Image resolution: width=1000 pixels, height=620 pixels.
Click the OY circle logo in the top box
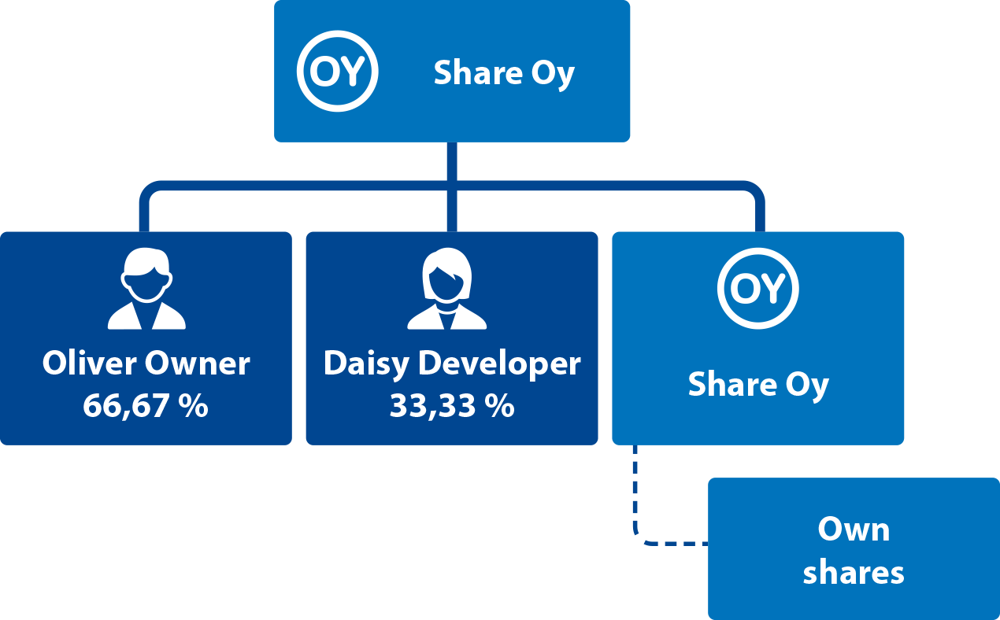(337, 72)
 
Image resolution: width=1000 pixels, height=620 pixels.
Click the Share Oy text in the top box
(504, 73)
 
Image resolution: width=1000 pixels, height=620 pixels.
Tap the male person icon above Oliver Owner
(146, 289)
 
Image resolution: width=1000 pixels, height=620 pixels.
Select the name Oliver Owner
(146, 364)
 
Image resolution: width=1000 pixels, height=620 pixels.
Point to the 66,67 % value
(146, 406)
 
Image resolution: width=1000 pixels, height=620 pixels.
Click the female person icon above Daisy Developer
(447, 289)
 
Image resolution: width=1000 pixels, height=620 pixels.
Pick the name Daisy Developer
(452, 364)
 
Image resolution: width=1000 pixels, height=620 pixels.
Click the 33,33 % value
(452, 406)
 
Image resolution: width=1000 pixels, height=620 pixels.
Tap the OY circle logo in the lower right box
(757, 289)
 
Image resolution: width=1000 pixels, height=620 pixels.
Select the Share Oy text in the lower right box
(758, 385)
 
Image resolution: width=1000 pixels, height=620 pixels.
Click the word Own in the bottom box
(854, 529)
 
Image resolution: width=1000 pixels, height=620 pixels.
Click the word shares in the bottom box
(854, 572)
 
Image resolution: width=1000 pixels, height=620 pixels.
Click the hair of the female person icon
(447, 263)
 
